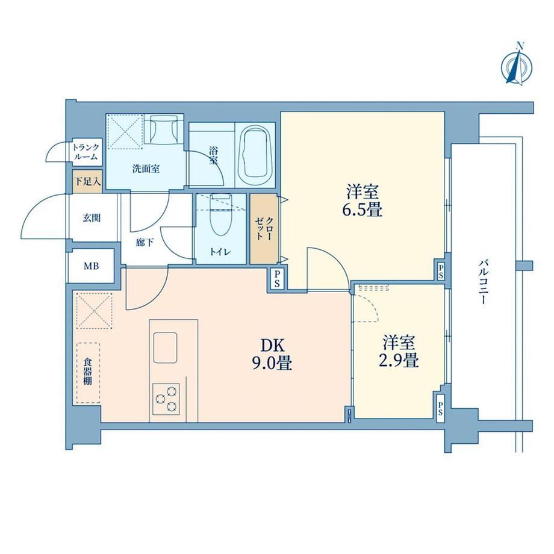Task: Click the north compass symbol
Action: coord(517,66)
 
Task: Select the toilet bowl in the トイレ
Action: coord(220,215)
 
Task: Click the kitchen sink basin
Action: coord(165,347)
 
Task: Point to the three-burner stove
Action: coord(166,399)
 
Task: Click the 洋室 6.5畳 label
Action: coord(362,201)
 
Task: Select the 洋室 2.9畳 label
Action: coord(399,352)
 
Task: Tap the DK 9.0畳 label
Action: coord(272,354)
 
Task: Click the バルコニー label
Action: coord(484,282)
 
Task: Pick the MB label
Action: coord(91,266)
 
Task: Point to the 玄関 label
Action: coord(92,217)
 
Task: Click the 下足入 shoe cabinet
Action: coord(87,182)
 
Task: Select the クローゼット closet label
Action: coord(264,229)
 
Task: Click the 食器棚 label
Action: coord(88,372)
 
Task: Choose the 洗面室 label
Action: coord(146,169)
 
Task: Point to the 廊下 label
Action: coord(145,242)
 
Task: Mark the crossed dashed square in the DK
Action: coord(93,311)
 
